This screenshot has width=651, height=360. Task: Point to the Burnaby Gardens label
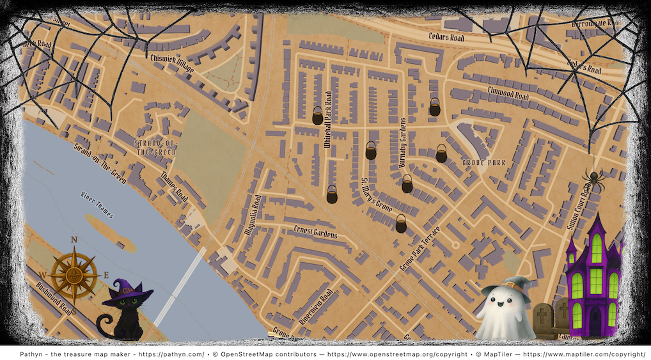tap(403, 143)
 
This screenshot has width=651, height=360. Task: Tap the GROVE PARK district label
tap(483, 163)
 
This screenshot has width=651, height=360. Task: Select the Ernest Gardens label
tap(315, 232)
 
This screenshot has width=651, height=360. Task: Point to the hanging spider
tap(593, 180)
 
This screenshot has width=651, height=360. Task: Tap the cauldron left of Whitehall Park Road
tap(317, 116)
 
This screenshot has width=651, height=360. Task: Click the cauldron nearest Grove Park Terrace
tap(401, 223)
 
